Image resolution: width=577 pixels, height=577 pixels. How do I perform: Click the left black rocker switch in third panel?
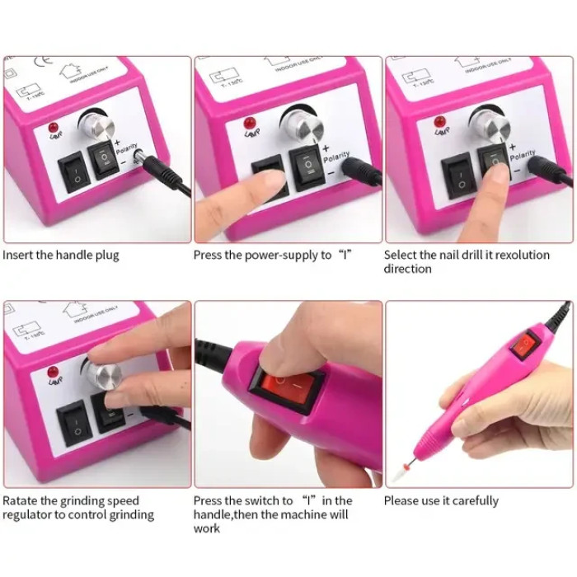point(456,175)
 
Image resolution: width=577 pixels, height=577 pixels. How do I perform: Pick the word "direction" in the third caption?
point(407,269)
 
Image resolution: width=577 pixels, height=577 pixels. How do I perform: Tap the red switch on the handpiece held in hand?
point(524,344)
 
